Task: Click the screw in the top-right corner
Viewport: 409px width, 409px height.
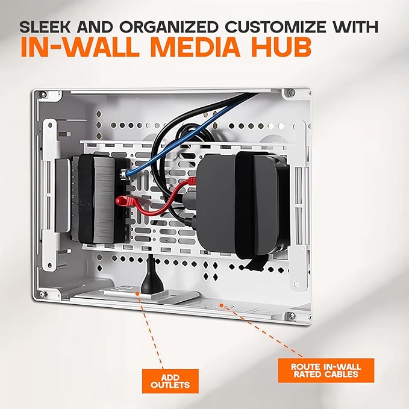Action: (291, 93)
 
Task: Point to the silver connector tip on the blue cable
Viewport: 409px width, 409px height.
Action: (123, 175)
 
